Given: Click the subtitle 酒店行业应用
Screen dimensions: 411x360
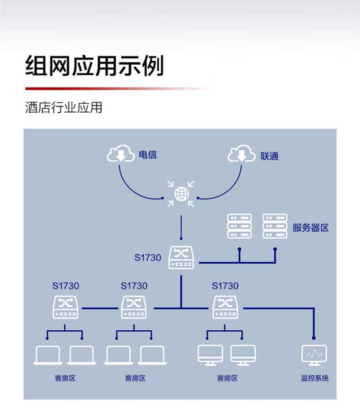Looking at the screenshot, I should [x=64, y=108].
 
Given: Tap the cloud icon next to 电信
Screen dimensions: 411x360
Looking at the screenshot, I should [x=121, y=154].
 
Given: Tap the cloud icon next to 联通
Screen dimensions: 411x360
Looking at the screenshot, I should [x=242, y=154].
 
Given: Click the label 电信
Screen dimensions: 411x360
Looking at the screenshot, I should [x=148, y=155].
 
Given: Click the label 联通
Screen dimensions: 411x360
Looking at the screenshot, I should [x=269, y=156].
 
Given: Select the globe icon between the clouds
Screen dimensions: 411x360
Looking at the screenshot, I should [x=181, y=194].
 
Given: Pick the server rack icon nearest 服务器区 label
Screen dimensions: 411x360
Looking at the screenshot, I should [x=275, y=226].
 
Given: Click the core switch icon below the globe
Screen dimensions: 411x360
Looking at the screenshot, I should [x=181, y=258].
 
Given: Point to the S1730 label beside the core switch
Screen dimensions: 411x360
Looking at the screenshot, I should [x=148, y=258].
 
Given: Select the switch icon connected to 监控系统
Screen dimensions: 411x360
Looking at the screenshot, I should [x=225, y=307].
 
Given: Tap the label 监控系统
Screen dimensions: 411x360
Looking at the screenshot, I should [x=314, y=378].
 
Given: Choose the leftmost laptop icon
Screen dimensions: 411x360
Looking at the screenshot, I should [x=48, y=355].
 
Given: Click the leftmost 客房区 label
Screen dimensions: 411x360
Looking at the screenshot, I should [x=65, y=378].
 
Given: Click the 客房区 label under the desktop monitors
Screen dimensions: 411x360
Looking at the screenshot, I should [x=227, y=378].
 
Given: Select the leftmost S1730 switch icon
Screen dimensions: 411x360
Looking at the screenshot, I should [x=66, y=307].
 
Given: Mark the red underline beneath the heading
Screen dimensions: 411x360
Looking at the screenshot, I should [x=114, y=88].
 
